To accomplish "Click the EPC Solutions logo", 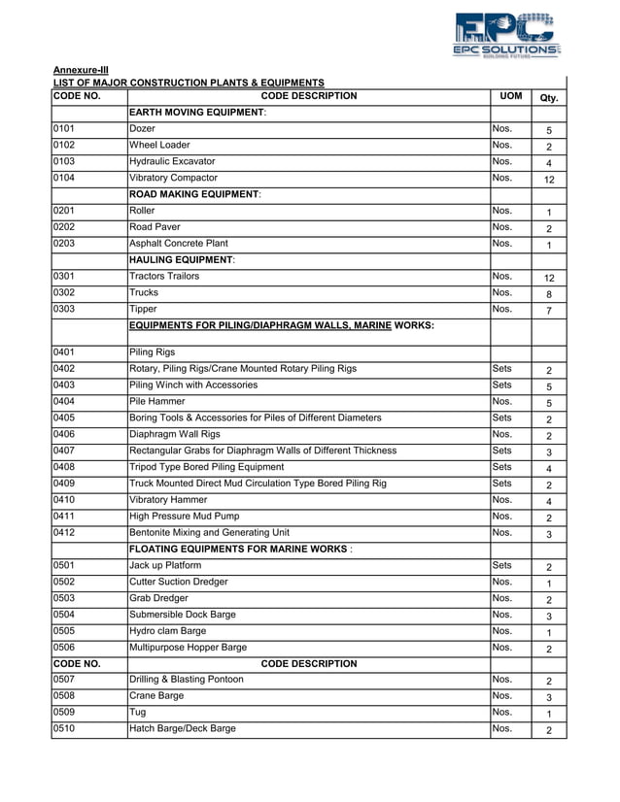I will (x=506, y=35).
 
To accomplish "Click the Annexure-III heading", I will (x=81, y=70).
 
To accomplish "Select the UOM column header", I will (x=510, y=96).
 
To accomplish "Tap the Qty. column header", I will (x=548, y=97).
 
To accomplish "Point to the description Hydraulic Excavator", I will (x=172, y=161).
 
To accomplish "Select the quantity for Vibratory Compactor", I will (x=548, y=180).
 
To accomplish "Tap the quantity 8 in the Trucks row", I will (x=548, y=294).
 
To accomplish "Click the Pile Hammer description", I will (x=157, y=402).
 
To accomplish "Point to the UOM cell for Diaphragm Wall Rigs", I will (x=502, y=435).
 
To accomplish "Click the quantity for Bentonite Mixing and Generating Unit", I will (x=548, y=535).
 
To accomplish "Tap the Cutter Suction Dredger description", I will (x=179, y=583).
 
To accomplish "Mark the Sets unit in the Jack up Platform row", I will (x=502, y=566).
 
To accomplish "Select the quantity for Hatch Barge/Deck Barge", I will (x=548, y=730).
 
